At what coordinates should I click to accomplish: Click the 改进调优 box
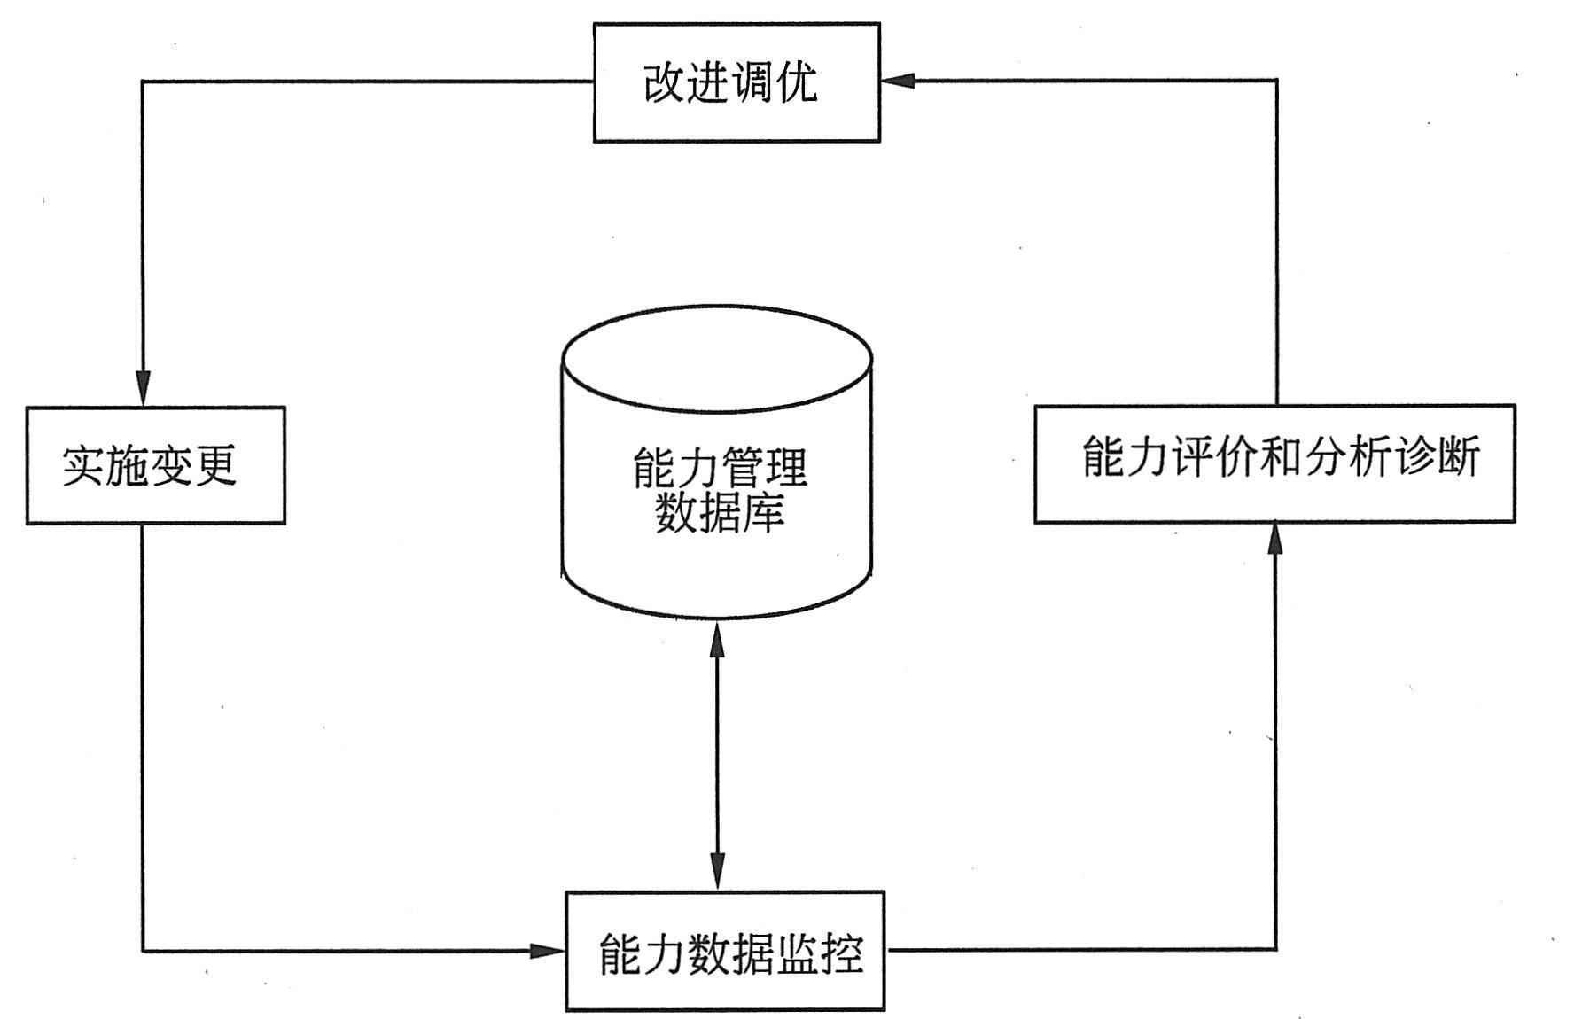pyautogui.click(x=736, y=82)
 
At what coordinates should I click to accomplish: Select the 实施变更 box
pyautogui.click(x=155, y=465)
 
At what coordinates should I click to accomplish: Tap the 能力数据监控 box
pyautogui.click(x=725, y=951)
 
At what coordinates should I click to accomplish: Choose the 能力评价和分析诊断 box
pyautogui.click(x=1274, y=463)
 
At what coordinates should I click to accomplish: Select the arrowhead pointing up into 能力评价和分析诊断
pyautogui.click(x=1275, y=539)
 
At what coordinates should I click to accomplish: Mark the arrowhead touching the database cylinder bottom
pyautogui.click(x=717, y=637)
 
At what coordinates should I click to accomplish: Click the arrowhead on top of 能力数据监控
pyautogui.click(x=717, y=872)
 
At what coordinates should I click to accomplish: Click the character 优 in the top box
pyautogui.click(x=798, y=83)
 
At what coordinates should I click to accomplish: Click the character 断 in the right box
pyautogui.click(x=1459, y=458)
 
